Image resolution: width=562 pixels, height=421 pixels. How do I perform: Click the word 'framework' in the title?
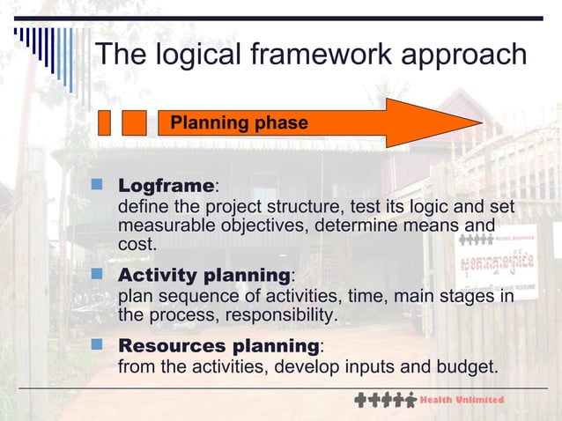click(x=296, y=55)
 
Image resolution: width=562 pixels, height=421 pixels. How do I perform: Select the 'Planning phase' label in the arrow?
click(x=239, y=123)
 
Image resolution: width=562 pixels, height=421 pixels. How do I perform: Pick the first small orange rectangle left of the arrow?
click(x=104, y=122)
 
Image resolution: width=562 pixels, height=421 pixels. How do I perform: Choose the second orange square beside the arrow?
click(x=134, y=122)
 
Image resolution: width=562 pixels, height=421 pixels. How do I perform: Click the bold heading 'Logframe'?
click(x=166, y=187)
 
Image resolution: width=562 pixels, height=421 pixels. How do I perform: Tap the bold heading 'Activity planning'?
click(x=204, y=276)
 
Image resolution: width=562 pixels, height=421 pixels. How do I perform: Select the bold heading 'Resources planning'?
click(x=219, y=344)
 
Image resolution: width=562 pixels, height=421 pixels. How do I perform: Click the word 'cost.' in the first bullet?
click(x=137, y=244)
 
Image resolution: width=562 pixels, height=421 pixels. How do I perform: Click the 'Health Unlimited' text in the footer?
click(x=464, y=400)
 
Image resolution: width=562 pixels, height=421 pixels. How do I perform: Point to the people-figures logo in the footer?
click(x=385, y=400)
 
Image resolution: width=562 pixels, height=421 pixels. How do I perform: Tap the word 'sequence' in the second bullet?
click(x=188, y=296)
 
